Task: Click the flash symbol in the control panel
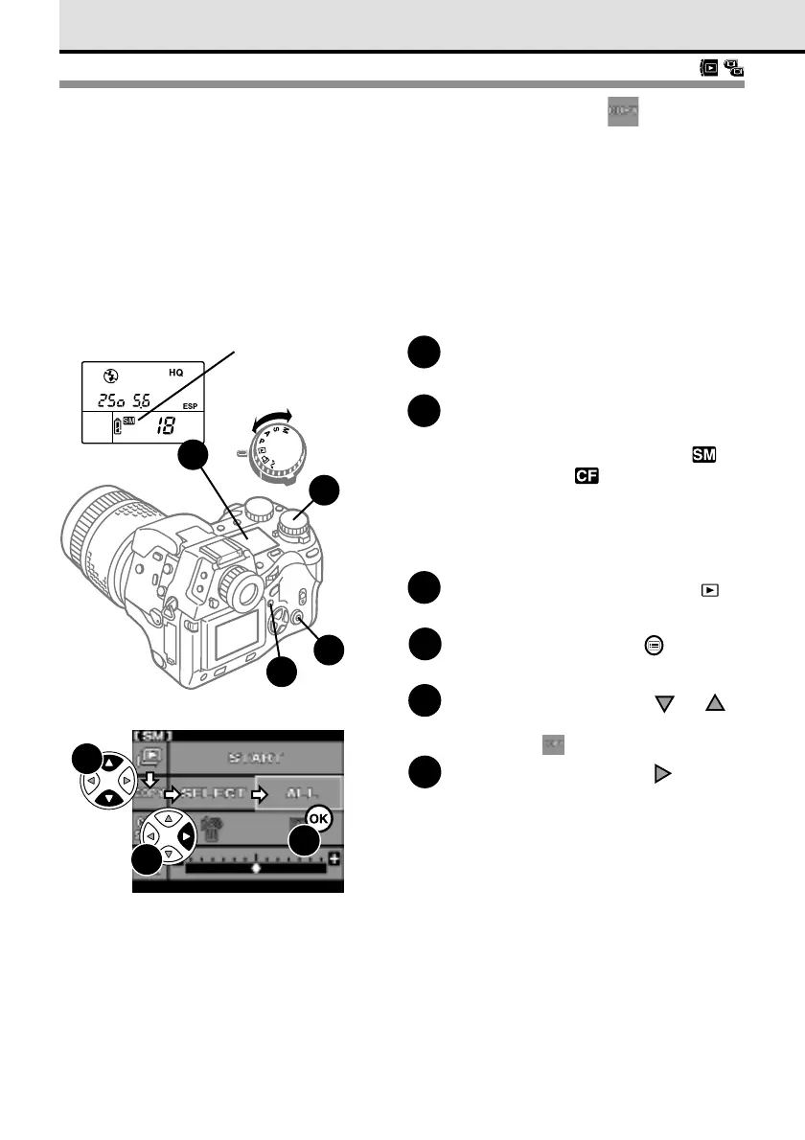coord(108,373)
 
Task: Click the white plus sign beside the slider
coord(334,858)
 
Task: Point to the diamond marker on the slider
coord(256,867)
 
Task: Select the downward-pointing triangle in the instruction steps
coord(661,704)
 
